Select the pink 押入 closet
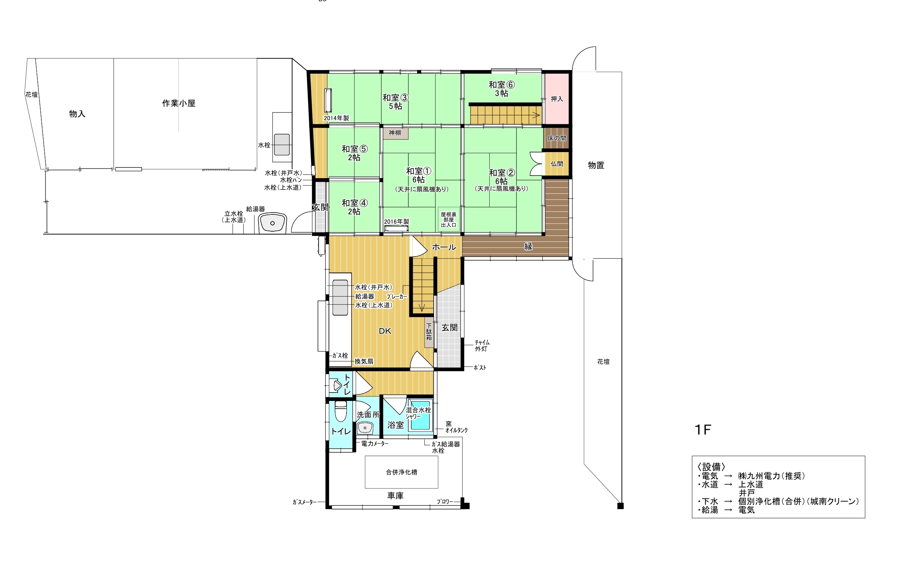pyautogui.click(x=557, y=99)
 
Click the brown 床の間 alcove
pyautogui.click(x=557, y=138)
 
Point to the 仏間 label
pyautogui.click(x=557, y=164)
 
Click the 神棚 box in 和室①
pyautogui.click(x=395, y=133)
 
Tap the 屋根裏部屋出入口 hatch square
pyautogui.click(x=449, y=219)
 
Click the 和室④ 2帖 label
pyautogui.click(x=355, y=207)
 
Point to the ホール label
pyautogui.click(x=444, y=247)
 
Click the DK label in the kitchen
pyautogui.click(x=385, y=331)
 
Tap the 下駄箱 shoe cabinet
pyautogui.click(x=429, y=332)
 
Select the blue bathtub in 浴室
pyautogui.click(x=420, y=416)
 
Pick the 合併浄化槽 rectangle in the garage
pyautogui.click(x=401, y=472)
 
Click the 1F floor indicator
pyautogui.click(x=702, y=430)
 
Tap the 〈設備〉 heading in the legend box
pyautogui.click(x=711, y=467)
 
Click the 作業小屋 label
pyautogui.click(x=179, y=103)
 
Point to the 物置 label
pyautogui.click(x=596, y=165)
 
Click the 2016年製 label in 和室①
pyautogui.click(x=396, y=221)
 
